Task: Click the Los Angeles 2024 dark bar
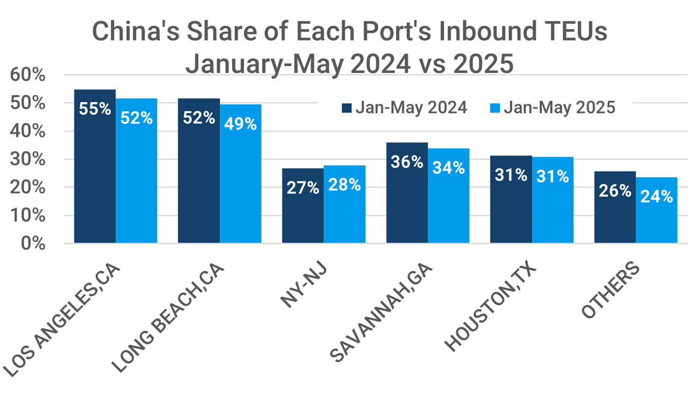click(95, 172)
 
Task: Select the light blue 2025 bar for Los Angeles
click(136, 178)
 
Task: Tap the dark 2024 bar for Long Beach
click(199, 178)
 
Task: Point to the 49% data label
click(241, 123)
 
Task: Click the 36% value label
click(407, 161)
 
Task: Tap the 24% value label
click(656, 196)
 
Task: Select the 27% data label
click(303, 188)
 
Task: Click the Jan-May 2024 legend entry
click(404, 108)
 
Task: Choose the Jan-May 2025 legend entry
click(552, 108)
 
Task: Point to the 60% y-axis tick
click(29, 75)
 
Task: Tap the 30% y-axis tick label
click(29, 159)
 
